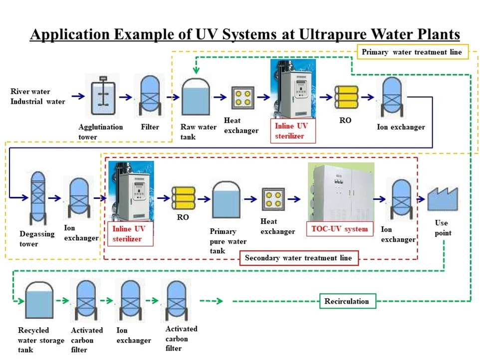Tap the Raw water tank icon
pos(196,97)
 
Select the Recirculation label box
pos(347,301)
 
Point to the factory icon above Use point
pos(440,199)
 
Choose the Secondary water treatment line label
pos(298,258)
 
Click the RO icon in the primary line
pos(346,97)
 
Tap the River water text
pos(30,92)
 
